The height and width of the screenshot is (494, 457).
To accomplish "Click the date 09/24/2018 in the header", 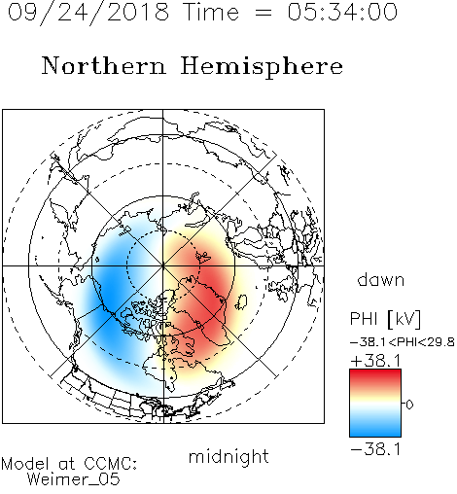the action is (x=88, y=13).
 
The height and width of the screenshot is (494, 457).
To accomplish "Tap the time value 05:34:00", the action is (x=342, y=12).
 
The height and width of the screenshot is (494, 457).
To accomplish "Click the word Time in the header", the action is (x=211, y=12).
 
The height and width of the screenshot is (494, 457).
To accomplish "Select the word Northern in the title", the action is (x=104, y=66).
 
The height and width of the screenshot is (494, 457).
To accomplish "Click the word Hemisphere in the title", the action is (x=262, y=67).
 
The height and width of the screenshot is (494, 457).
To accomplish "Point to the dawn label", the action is (x=381, y=279).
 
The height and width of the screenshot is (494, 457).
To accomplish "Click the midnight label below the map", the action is (x=228, y=458).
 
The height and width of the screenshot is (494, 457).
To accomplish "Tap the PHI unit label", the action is (x=364, y=319).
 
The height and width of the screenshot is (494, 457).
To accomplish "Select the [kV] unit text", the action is (x=404, y=319).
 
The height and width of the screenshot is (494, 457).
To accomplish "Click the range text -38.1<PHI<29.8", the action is (x=403, y=342).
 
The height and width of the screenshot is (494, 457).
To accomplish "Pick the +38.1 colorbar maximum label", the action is (x=376, y=361).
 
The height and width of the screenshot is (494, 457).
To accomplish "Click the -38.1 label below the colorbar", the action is (x=376, y=449).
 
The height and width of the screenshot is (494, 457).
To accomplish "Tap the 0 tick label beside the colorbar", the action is (x=409, y=405).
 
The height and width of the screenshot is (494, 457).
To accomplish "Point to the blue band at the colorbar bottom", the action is (x=375, y=430).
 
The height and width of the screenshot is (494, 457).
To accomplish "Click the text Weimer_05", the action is (x=74, y=479).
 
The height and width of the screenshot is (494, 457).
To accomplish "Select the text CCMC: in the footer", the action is (x=110, y=464).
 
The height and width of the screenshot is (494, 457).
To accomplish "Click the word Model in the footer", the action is (x=25, y=464).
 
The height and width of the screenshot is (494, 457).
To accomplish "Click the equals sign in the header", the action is (x=263, y=13).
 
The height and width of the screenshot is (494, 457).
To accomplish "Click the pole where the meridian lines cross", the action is (x=163, y=266).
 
